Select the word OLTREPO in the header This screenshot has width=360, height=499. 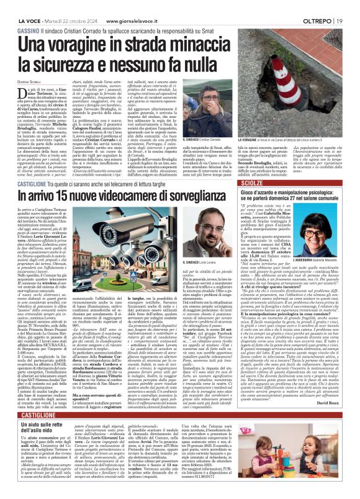(323, 6)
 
